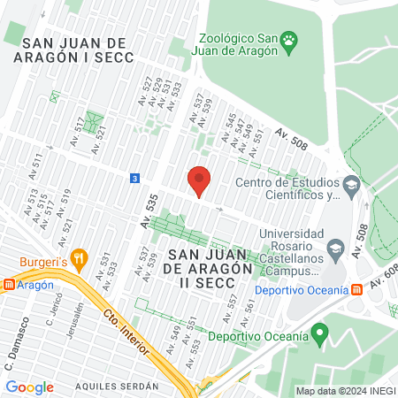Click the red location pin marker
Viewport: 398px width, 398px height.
(200, 180)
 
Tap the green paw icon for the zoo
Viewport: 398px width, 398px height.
(288, 42)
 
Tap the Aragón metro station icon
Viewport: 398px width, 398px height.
(9, 285)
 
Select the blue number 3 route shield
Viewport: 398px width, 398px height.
(134, 178)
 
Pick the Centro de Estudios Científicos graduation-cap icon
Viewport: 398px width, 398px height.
(351, 185)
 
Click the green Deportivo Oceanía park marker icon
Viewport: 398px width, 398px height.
(320, 335)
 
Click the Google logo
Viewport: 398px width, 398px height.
(30, 387)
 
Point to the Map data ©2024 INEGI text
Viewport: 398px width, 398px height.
(345, 391)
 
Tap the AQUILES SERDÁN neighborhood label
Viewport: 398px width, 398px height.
(117, 387)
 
